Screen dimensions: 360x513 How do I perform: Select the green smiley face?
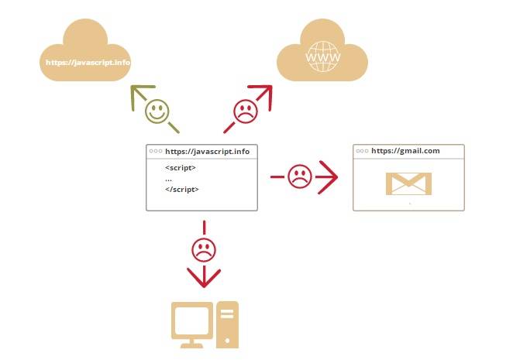pos(157,110)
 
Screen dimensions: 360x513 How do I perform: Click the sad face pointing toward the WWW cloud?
pos(246,111)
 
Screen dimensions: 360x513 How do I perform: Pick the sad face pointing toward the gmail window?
pos(299,177)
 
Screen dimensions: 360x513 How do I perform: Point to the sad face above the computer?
pos(204,249)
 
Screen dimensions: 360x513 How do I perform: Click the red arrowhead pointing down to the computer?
pos(204,279)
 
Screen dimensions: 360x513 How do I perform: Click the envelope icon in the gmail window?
pos(408,183)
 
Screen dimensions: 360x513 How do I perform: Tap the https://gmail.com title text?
pos(405,151)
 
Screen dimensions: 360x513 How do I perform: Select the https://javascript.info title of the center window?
pos(208,153)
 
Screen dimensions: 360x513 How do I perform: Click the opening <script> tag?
pos(181,168)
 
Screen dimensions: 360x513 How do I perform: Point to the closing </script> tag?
pos(182,190)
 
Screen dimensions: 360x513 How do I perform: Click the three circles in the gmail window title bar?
pos(363,151)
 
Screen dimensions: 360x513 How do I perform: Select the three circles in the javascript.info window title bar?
pos(156,153)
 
